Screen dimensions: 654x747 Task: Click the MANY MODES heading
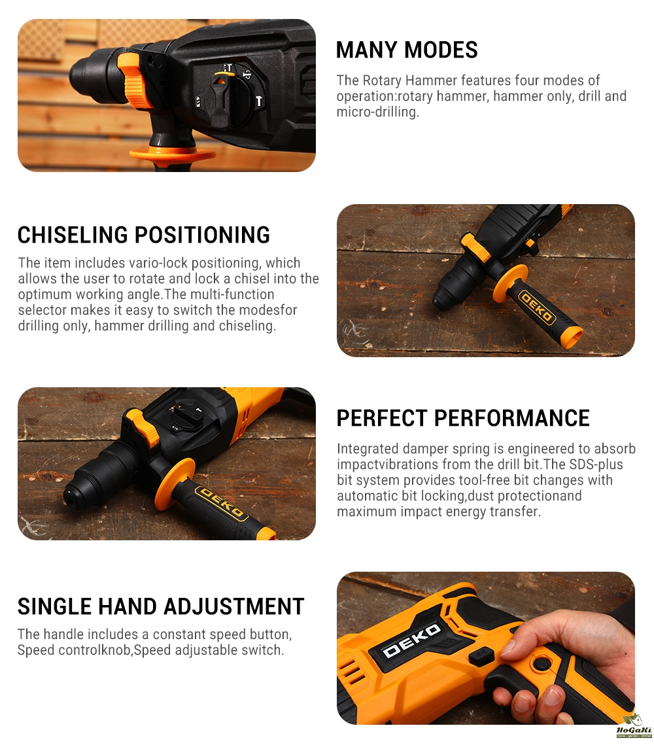(x=406, y=50)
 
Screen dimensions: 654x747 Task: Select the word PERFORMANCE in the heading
(x=511, y=418)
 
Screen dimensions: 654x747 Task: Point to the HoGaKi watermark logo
(x=634, y=727)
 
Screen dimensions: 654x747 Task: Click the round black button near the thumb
(x=540, y=664)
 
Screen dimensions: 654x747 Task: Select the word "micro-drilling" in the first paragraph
(x=377, y=112)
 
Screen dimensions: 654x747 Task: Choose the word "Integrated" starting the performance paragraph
(x=368, y=449)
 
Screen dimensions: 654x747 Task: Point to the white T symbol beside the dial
(x=258, y=101)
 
